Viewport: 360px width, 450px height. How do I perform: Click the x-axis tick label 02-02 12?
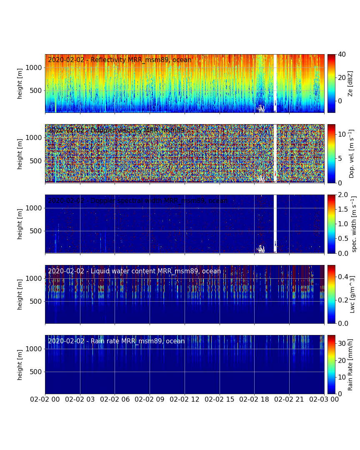click(185, 399)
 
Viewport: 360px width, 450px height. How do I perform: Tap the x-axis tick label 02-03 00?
click(324, 399)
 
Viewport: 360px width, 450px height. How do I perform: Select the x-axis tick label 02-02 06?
click(115, 399)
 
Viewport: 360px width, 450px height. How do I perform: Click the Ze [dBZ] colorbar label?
click(350, 83)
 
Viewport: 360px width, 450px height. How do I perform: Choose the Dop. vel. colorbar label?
click(351, 154)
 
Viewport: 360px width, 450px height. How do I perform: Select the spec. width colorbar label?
click(354, 224)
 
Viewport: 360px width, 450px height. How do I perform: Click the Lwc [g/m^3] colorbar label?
click(352, 294)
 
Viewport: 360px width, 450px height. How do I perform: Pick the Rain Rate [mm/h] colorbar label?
click(350, 365)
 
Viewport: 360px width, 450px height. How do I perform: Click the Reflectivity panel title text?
click(120, 60)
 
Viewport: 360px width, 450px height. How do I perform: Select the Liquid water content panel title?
click(134, 271)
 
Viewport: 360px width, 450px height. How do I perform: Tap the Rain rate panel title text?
click(116, 341)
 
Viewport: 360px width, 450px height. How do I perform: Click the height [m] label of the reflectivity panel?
click(20, 83)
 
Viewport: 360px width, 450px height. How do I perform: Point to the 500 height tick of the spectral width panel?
click(37, 231)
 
